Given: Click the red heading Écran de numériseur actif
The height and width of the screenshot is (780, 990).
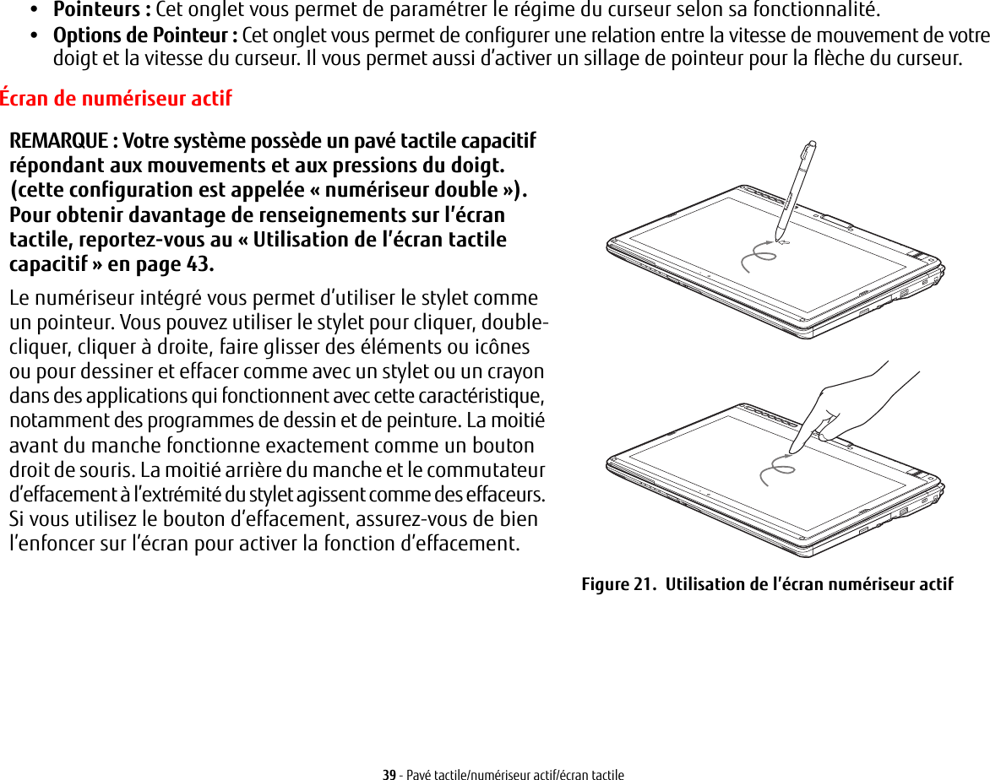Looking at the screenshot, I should pos(116,99).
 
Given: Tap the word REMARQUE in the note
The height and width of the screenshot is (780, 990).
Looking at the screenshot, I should pos(57,139).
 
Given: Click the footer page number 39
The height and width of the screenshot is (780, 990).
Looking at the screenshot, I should pos(389,773).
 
